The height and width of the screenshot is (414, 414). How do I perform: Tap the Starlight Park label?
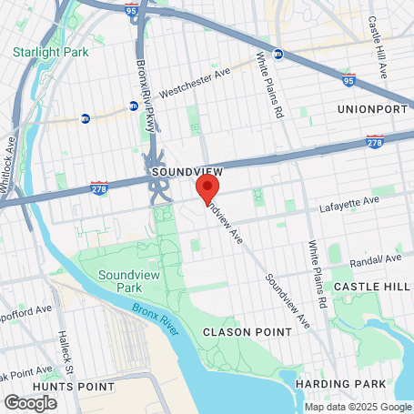(51, 52)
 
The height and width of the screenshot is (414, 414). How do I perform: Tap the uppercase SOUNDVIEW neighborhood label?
(182, 172)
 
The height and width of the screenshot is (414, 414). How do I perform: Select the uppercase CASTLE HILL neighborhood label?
(369, 287)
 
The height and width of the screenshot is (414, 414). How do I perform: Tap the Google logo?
(30, 401)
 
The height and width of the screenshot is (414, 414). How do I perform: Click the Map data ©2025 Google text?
(358, 407)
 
